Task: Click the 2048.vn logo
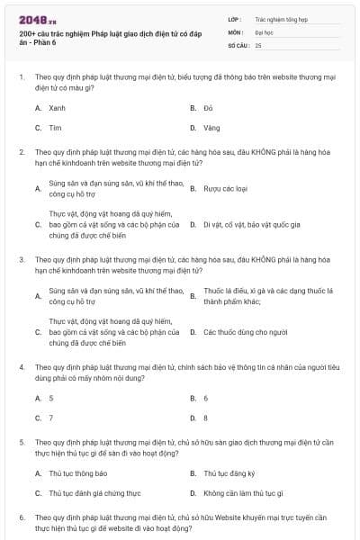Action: tap(33, 19)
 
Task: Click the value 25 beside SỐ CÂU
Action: tap(258, 44)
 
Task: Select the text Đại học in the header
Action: tap(264, 31)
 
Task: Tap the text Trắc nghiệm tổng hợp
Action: tap(282, 17)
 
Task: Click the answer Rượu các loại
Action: tap(225, 189)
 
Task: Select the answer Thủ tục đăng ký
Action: tap(229, 473)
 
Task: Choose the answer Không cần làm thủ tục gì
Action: tap(243, 493)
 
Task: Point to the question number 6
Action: tap(22, 518)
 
